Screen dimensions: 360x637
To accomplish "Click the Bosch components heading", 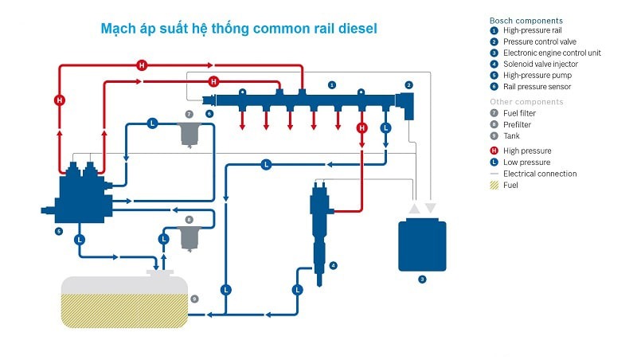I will click(526, 20).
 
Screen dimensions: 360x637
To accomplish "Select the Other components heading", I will click(526, 102).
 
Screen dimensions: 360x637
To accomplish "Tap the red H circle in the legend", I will click(494, 151).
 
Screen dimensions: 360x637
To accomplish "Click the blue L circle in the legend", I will click(494, 162).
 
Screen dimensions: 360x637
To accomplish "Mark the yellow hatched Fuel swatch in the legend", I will click(494, 185).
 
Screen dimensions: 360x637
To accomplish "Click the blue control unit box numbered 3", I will click(422, 245).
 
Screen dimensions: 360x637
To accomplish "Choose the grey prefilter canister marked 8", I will click(190, 237).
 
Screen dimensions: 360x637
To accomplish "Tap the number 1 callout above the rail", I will click(332, 84).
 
